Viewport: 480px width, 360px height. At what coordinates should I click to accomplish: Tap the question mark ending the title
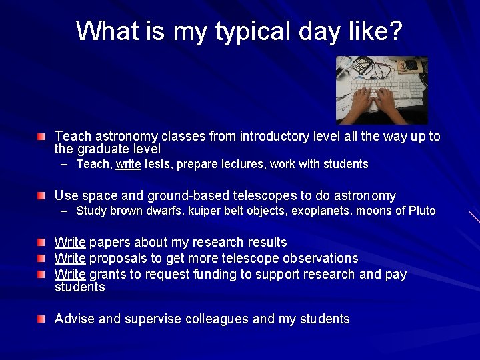(397, 31)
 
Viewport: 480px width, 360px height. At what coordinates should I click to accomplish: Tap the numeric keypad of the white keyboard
(413, 86)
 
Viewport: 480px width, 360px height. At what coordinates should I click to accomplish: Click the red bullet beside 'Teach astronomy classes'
(42, 137)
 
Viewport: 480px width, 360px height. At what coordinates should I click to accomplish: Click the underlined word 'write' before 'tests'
(128, 164)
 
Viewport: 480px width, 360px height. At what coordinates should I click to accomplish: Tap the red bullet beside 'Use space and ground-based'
(42, 196)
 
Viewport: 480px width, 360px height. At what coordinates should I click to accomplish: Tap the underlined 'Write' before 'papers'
(70, 242)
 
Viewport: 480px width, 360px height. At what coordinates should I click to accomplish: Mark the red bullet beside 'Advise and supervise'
(42, 319)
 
